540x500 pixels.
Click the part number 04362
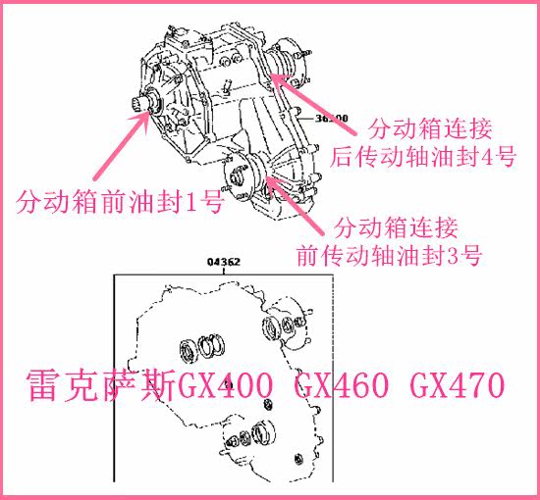coord(224,262)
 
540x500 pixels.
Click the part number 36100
coord(332,119)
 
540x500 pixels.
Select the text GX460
coord(342,385)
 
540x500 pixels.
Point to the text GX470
coord(458,385)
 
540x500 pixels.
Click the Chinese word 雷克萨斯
coord(101,385)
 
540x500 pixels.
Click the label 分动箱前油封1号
coord(120,203)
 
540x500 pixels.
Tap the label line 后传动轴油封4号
coord(422,157)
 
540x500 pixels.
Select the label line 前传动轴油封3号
coord(389,255)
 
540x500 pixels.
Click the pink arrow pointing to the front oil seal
coord(121,145)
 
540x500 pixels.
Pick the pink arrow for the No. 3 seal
coord(296,206)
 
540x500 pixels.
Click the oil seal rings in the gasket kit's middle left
coord(202,347)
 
